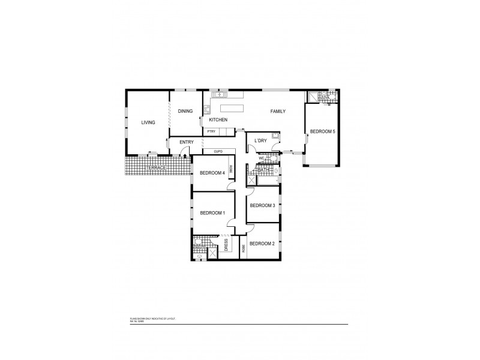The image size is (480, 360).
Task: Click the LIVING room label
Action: (148, 122)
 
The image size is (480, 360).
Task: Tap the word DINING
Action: (185, 111)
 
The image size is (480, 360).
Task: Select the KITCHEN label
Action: (218, 121)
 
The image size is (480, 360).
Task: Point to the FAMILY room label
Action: (277, 111)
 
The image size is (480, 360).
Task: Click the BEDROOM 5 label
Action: (323, 131)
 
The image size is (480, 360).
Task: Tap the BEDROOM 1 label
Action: (212, 212)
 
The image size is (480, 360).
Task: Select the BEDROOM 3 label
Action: (262, 206)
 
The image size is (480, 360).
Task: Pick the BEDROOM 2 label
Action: (262, 243)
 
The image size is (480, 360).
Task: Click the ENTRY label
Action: (186, 142)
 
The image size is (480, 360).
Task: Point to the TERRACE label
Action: (157, 169)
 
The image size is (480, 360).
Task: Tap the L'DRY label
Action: (260, 141)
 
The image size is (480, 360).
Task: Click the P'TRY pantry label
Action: (211, 131)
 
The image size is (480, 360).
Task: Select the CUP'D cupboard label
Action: (217, 151)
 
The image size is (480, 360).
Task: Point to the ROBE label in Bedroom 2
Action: (243, 248)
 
